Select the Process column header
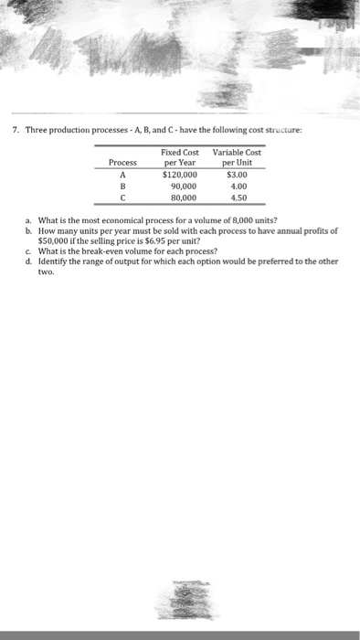click(x=122, y=162)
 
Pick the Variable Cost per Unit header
click(x=236, y=156)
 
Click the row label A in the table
click(x=122, y=173)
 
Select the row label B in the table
click(x=122, y=184)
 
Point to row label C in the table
click(x=122, y=195)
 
